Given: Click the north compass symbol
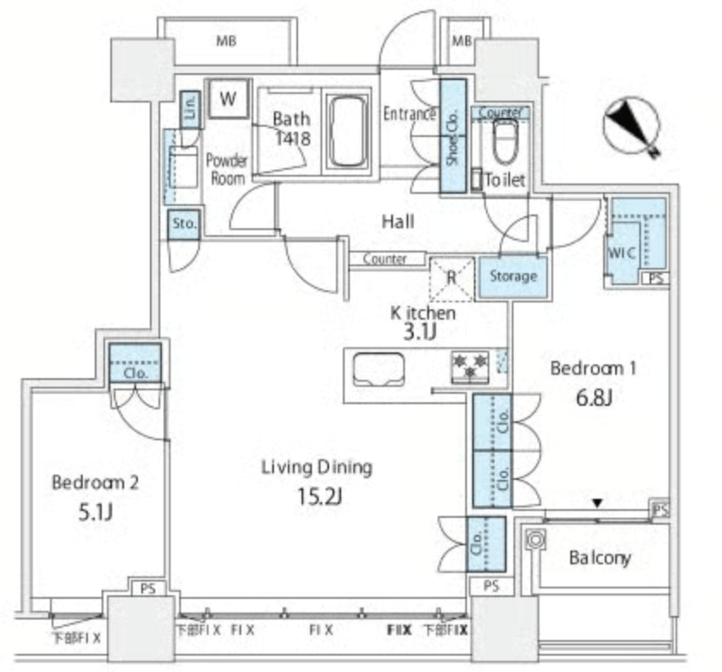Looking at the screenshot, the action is click(x=632, y=126).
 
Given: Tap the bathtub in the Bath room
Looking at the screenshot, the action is click(x=348, y=131).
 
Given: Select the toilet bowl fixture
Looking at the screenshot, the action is click(x=505, y=141).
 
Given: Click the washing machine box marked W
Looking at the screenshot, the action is click(x=228, y=98).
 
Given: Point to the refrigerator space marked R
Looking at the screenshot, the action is click(x=451, y=279).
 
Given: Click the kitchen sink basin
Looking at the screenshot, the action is click(x=378, y=369).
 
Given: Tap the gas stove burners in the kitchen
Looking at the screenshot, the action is click(x=470, y=367).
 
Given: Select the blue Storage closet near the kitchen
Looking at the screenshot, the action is click(x=513, y=277).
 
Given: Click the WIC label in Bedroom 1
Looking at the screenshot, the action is click(x=621, y=252).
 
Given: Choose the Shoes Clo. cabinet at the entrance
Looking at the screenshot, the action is click(x=453, y=136).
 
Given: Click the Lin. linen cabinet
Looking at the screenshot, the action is click(x=190, y=109).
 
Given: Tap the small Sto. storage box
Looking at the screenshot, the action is click(x=184, y=224).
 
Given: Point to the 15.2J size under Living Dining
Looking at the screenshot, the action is click(x=320, y=496).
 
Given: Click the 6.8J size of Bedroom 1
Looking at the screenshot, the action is click(x=594, y=398).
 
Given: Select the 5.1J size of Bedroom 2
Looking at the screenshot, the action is click(x=96, y=512).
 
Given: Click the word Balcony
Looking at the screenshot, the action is click(x=600, y=557).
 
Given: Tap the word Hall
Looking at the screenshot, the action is click(x=398, y=221).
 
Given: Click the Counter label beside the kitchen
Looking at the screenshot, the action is click(x=384, y=258).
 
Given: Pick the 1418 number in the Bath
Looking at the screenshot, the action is click(x=293, y=138).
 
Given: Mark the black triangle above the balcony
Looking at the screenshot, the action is click(x=597, y=503).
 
